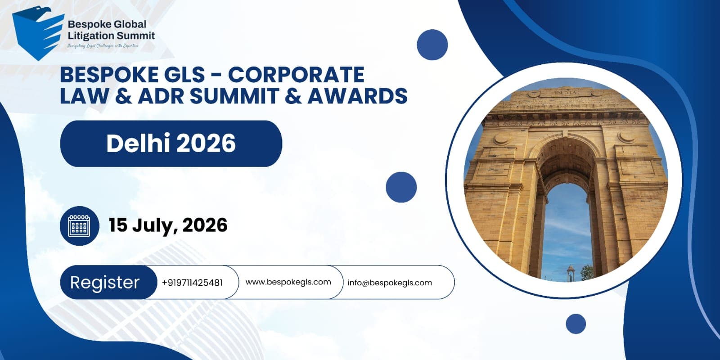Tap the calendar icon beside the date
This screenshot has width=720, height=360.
pos(79,225)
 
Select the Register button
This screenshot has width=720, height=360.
pos(105,283)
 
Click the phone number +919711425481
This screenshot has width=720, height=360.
pos(192,283)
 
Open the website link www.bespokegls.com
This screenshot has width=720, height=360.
pos(288,282)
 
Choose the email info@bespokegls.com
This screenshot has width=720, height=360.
pos(390,283)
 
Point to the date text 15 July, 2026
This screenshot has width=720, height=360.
pos(168,225)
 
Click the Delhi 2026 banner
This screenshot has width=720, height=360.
pos(171,144)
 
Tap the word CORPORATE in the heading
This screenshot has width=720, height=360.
pos(296,75)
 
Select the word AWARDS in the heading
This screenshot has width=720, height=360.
pos(357,96)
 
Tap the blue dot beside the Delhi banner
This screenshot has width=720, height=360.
pos(401,187)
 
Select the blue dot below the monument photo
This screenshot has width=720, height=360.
pos(576,324)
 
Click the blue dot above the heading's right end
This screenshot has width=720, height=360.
pos(432,45)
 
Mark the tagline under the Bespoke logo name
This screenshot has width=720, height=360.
pos(103,45)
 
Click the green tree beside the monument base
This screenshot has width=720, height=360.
pos(586,272)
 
